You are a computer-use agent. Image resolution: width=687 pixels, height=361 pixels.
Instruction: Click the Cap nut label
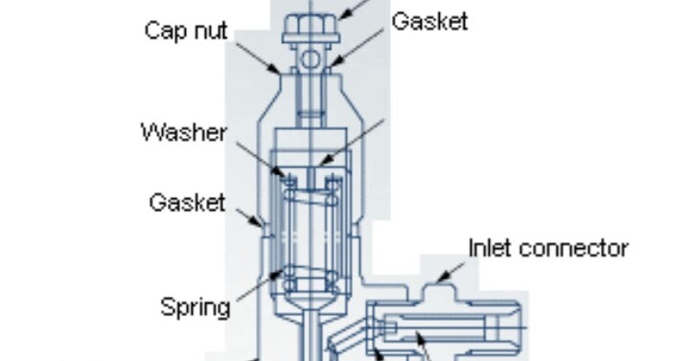click(187, 31)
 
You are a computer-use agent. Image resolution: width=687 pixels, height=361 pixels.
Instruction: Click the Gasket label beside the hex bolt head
click(429, 21)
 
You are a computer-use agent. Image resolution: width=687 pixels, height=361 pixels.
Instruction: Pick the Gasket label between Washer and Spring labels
click(187, 203)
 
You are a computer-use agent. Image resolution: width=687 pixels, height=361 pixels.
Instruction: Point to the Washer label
click(183, 131)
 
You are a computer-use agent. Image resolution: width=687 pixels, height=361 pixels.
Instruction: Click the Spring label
click(195, 307)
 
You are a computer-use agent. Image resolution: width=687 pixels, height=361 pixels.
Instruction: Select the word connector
click(571, 248)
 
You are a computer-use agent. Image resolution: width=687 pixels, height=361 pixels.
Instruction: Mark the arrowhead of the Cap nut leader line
click(281, 72)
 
